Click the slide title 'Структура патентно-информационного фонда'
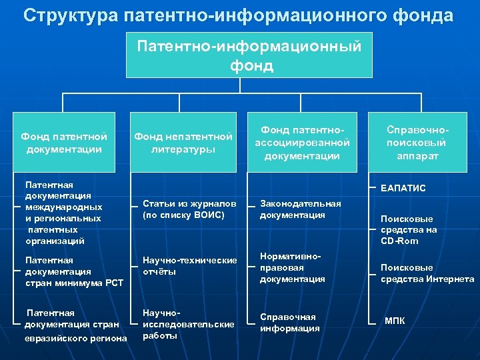coord(238,15)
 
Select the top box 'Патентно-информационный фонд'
coord(249,56)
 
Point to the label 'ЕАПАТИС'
coord(403,189)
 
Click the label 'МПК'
coord(394,321)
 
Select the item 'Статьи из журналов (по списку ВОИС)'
coord(189,209)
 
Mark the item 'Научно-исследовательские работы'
coord(189,323)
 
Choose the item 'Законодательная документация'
coord(300,209)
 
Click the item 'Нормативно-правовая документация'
coord(293,268)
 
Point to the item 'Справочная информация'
coord(289,323)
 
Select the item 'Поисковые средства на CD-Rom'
coord(408,229)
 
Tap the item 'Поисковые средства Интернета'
coord(427,273)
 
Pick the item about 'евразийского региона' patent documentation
coord(75,325)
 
